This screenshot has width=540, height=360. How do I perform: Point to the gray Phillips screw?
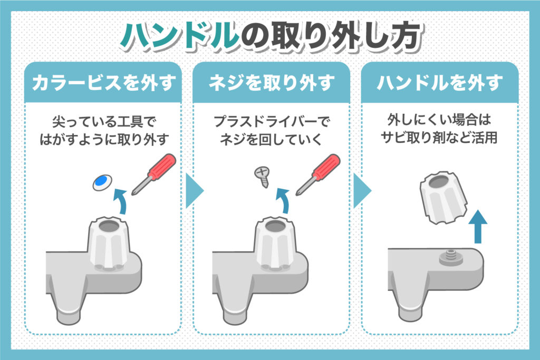tap(262, 176)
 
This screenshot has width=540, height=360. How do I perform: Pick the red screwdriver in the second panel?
tap(318, 172)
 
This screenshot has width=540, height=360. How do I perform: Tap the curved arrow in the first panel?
tap(122, 202)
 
